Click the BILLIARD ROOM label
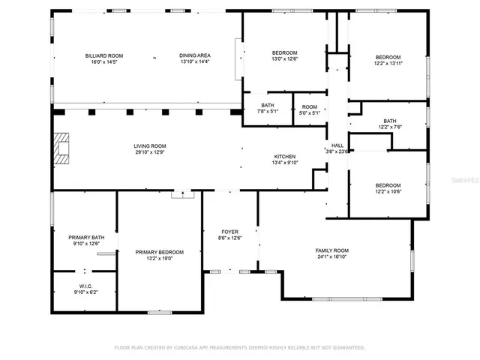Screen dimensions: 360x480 pos(104,55)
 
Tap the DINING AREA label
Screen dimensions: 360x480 pos(194,55)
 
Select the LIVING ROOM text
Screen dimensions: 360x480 pos(150,145)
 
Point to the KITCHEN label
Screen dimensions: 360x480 pos(284,156)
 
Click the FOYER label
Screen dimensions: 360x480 pos(229,231)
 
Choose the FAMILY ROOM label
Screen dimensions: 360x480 pos(332,250)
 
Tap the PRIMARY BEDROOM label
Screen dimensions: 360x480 pos(159,252)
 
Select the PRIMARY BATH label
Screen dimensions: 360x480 pos(86,237)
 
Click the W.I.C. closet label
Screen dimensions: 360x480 pos(85,286)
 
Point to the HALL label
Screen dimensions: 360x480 pos(338,145)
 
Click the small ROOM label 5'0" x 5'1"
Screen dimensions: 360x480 pos(310,112)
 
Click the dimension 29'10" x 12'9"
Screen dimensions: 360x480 pos(150,152)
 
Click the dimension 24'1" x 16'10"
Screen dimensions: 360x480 pos(332,257)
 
